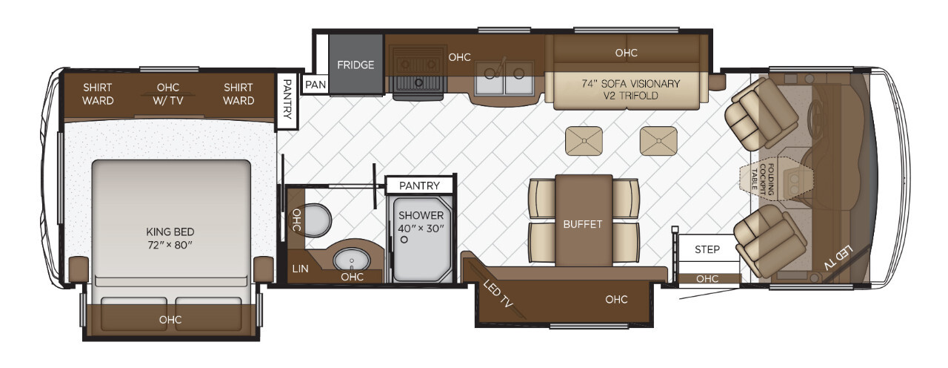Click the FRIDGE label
pyautogui.click(x=355, y=65)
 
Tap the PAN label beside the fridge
pyautogui.click(x=316, y=85)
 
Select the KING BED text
pyautogui.click(x=170, y=232)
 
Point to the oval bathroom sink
pyautogui.click(x=351, y=259)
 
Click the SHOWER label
pyautogui.click(x=421, y=215)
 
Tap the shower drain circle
pyautogui.click(x=404, y=240)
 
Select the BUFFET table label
pyautogui.click(x=583, y=224)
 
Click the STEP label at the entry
pyautogui.click(x=707, y=249)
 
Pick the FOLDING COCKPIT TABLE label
pyautogui.click(x=763, y=180)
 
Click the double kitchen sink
pyautogui.click(x=504, y=78)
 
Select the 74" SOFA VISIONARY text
pyautogui.click(x=630, y=84)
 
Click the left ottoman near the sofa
pyautogui.click(x=584, y=141)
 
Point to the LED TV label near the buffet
pyautogui.click(x=498, y=293)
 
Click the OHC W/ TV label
pyautogui.click(x=168, y=94)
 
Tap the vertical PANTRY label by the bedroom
pyautogui.click(x=287, y=99)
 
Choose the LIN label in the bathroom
pyautogui.click(x=300, y=269)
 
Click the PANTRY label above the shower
pyautogui.click(x=419, y=185)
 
